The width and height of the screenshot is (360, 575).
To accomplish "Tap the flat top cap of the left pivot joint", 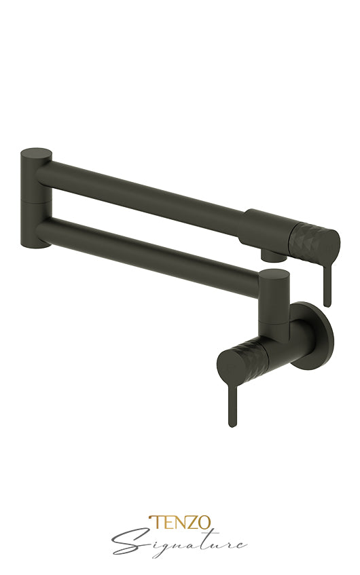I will [36, 153].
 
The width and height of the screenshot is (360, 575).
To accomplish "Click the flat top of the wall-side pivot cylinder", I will [274, 274].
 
